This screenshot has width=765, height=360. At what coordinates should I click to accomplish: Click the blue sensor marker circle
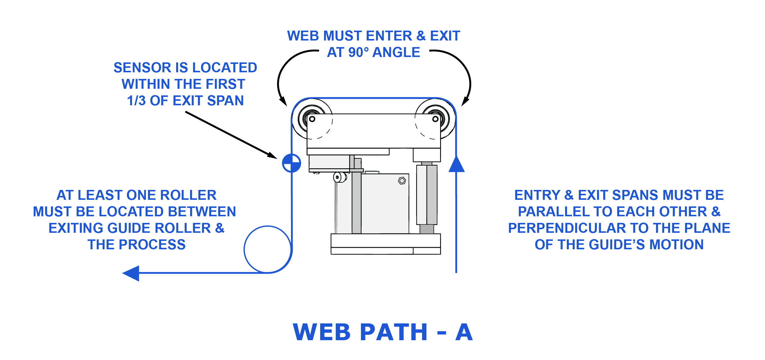pyautogui.click(x=291, y=163)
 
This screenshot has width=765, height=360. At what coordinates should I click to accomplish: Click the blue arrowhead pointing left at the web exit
pyautogui.click(x=131, y=273)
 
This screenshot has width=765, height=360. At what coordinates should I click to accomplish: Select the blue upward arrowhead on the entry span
pyautogui.click(x=456, y=164)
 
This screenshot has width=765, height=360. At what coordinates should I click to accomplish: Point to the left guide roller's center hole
pyautogui.click(x=312, y=119)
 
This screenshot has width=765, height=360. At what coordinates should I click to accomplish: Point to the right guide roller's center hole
pyautogui.click(x=435, y=119)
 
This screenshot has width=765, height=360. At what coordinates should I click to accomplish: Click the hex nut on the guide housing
pyautogui.click(x=402, y=181)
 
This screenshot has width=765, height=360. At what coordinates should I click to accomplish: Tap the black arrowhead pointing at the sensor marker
pyautogui.click(x=272, y=155)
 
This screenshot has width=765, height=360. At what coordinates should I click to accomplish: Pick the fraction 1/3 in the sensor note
pyautogui.click(x=136, y=100)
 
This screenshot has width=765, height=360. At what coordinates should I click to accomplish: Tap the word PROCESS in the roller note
pyautogui.click(x=152, y=244)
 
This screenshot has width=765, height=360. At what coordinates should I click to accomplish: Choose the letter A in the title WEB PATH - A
pyautogui.click(x=464, y=332)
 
